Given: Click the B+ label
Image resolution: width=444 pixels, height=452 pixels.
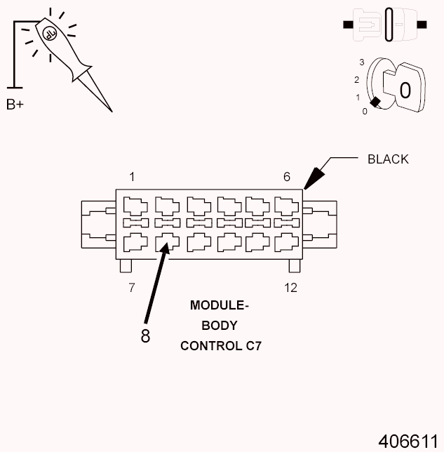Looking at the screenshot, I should (x=15, y=105).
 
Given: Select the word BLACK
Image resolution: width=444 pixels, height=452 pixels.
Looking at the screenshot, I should (x=388, y=159).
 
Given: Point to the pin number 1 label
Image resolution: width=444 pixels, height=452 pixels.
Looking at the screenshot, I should (x=131, y=176).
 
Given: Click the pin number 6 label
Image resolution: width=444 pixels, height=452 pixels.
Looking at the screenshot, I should (x=286, y=177).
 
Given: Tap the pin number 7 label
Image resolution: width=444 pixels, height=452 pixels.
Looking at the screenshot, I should (x=131, y=288).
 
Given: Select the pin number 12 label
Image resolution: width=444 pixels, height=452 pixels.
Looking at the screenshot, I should (x=291, y=288).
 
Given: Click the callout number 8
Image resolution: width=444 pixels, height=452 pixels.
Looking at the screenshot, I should (x=145, y=336).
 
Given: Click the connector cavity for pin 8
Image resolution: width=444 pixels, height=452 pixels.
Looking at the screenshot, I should (x=166, y=243).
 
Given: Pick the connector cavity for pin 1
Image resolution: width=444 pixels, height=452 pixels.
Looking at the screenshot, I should (x=133, y=206).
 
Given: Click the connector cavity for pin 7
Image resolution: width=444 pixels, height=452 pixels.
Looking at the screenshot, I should (x=133, y=243).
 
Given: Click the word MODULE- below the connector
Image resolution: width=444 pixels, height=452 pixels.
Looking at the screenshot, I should (x=220, y=306).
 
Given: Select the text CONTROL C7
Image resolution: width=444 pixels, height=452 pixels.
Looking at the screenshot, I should (x=220, y=346).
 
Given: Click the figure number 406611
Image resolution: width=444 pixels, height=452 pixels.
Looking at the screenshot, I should (x=408, y=441).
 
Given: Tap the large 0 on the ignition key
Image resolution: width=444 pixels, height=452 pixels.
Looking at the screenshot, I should (x=405, y=90).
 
